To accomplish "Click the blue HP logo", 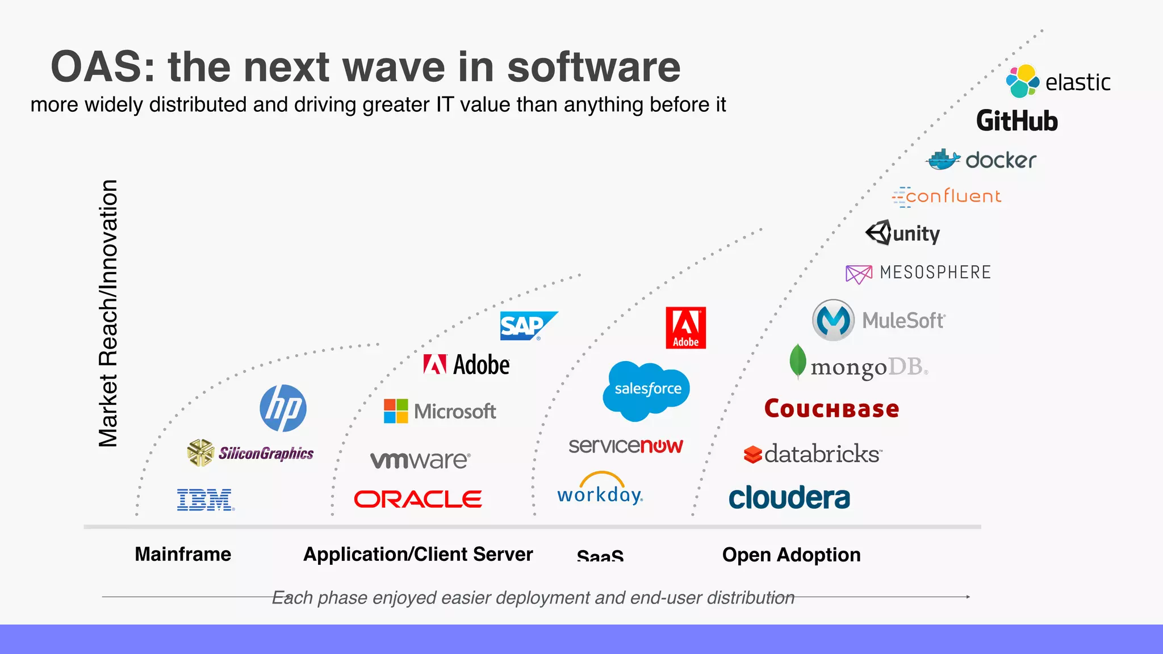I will coord(283,408).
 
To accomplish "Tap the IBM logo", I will coord(205,500).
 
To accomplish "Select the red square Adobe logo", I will coord(685,328).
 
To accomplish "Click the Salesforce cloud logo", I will coord(647,389).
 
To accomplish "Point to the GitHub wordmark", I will coord(1016,121).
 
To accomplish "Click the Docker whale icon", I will coord(943,160).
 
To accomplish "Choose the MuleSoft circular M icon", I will coord(832,320).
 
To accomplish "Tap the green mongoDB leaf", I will coord(797,360).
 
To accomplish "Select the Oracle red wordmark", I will coord(418,500).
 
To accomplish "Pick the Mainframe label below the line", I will coord(183,554).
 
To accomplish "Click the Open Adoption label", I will coord(791,555).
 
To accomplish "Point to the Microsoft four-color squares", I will coord(396,411).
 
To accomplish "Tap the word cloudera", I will coord(789,498).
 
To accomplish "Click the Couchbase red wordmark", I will coord(831,409).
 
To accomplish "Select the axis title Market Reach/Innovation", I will coord(108,313).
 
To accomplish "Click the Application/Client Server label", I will coord(418,554).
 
